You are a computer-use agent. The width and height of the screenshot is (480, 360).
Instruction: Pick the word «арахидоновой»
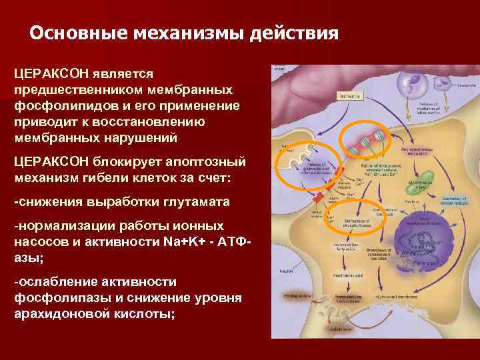(x=58, y=313)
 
